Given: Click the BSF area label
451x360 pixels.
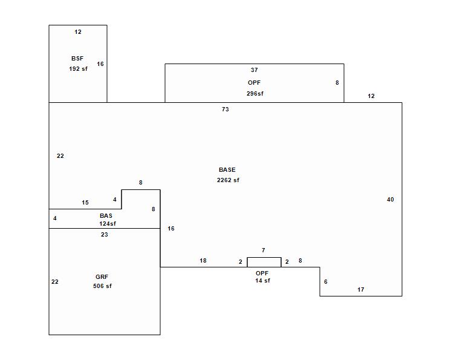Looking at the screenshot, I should pos(77,59).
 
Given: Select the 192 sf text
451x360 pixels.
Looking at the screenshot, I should pos(78,69).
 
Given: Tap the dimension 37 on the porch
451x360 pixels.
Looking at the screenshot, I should pos(255,70).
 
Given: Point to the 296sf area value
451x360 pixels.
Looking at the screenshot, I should pos(255,94).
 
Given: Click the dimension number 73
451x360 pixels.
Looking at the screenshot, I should pos(225,110).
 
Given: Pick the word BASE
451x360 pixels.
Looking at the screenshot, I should pos(227,170).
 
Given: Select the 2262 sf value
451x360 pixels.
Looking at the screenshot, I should pos(228,180).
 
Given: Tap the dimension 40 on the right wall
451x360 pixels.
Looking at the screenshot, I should pos(390,200).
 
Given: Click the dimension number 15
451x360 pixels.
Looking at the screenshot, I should pos(85,203).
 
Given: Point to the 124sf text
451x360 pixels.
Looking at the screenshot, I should pos(108,224).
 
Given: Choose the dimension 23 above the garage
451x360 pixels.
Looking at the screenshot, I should pos(105,235).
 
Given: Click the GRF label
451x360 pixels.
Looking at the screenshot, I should pos(102,277).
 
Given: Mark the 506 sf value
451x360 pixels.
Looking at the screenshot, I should pos(102,286).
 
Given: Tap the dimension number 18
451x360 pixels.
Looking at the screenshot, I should pos(203,261).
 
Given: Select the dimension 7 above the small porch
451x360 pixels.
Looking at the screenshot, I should pos(263,250).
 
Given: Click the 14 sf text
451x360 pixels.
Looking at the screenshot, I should pos(262,281).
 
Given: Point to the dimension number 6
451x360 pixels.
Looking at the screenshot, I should pos(326,282).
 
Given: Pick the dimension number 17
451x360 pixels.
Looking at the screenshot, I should pos(361,290).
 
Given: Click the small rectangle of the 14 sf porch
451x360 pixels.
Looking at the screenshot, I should pos(264,263).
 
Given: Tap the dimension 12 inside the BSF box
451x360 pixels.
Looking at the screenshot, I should pos(78,32).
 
